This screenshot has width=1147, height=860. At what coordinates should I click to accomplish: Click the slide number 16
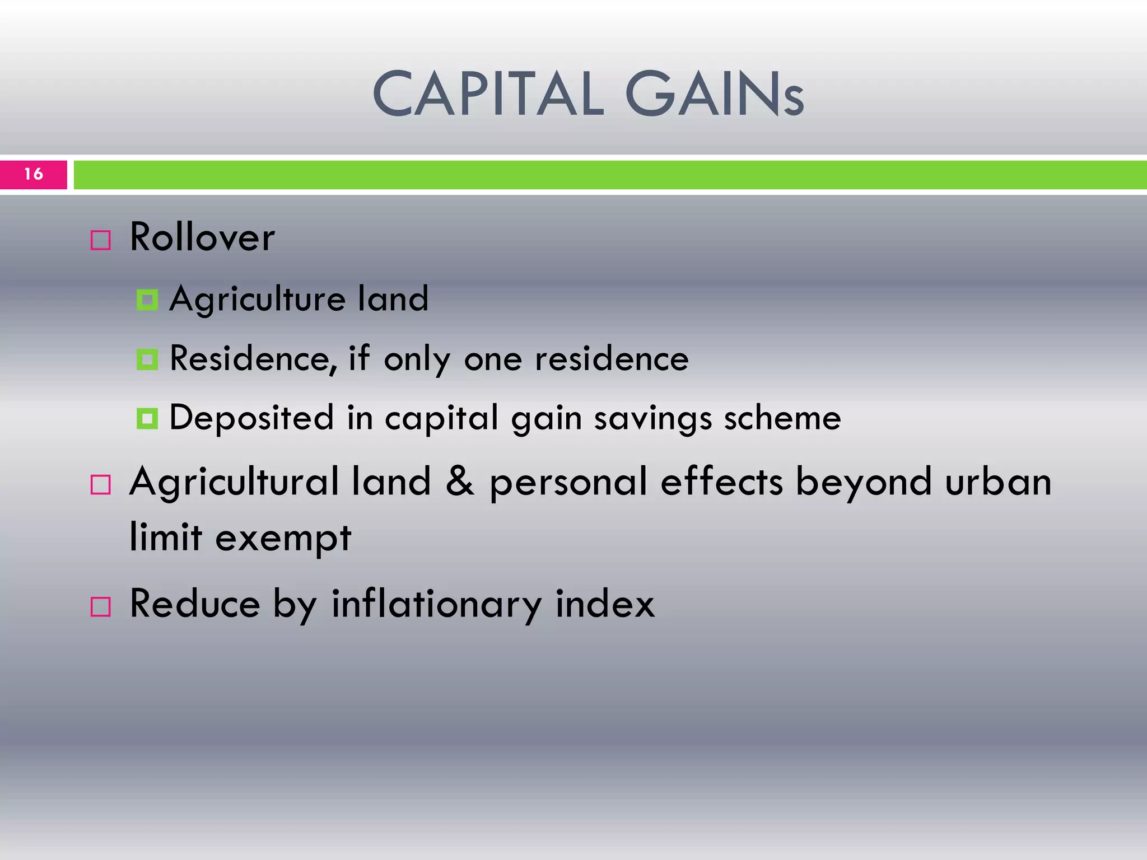pyautogui.click(x=34, y=174)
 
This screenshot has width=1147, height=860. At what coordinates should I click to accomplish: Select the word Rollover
pyautogui.click(x=202, y=237)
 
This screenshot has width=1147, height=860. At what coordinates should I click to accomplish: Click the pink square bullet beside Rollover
pyautogui.click(x=101, y=240)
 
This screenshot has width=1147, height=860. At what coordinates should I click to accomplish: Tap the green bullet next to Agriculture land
pyautogui.click(x=147, y=300)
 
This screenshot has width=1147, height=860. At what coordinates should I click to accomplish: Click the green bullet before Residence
pyautogui.click(x=147, y=359)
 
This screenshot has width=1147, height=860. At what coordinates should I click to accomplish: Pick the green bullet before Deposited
pyautogui.click(x=147, y=418)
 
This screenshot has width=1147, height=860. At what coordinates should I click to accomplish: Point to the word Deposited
pyautogui.click(x=251, y=418)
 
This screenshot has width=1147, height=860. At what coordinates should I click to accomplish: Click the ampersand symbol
pyautogui.click(x=460, y=482)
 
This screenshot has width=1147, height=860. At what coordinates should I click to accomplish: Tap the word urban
pyautogui.click(x=999, y=482)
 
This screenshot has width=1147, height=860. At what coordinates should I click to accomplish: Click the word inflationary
pyautogui.click(x=437, y=605)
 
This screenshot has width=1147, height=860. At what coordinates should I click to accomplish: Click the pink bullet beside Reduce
pyautogui.click(x=101, y=606)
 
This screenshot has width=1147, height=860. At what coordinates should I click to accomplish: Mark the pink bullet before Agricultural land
pyautogui.click(x=101, y=484)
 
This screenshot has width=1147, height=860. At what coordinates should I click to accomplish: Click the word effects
pyautogui.click(x=721, y=482)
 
